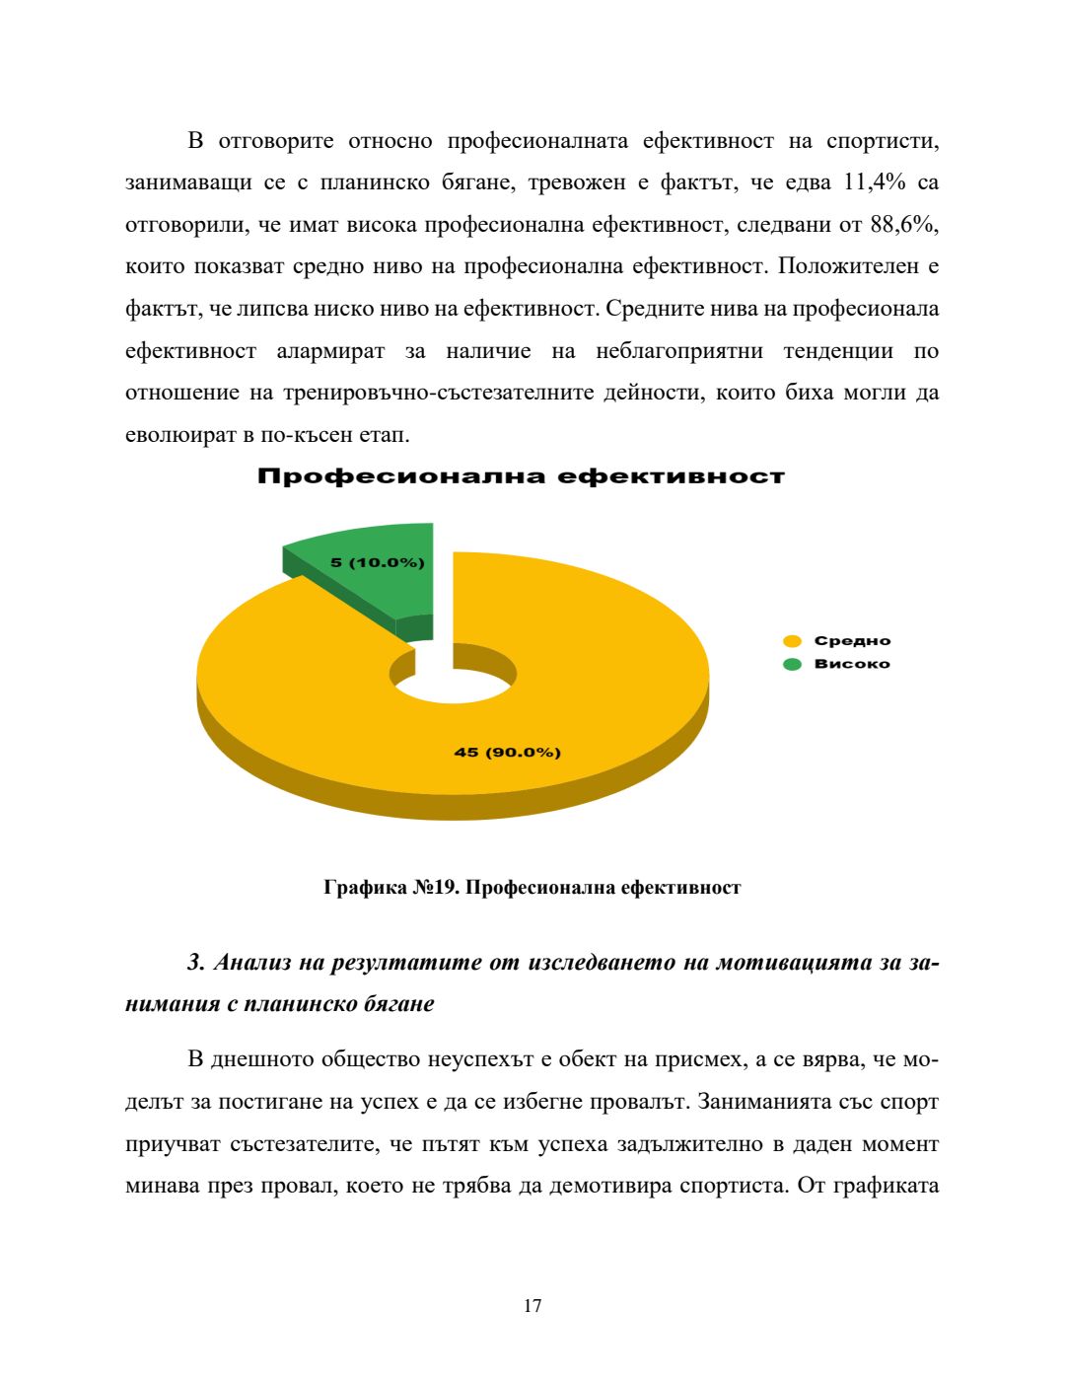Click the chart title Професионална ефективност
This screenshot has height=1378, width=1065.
click(x=521, y=477)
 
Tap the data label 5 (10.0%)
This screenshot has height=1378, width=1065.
click(x=377, y=562)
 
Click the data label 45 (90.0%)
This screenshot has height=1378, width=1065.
click(x=507, y=753)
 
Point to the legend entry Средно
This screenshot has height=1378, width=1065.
click(x=851, y=641)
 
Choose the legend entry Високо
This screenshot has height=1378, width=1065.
click(x=851, y=664)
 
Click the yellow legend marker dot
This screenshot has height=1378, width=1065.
click(x=792, y=641)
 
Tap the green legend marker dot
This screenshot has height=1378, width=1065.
click(x=792, y=664)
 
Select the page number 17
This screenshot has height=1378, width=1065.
click(x=532, y=1306)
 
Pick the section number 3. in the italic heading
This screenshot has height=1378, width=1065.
click(x=195, y=963)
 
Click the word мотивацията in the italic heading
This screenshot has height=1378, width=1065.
click(x=783, y=963)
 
